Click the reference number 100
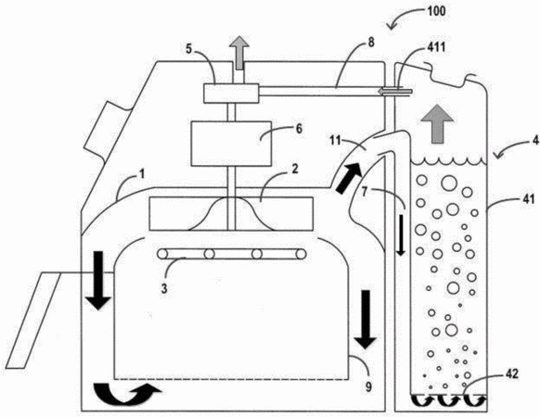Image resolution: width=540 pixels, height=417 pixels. coord(436,11)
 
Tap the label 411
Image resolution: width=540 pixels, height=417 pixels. coord(436,46)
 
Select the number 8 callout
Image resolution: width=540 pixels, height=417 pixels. coord(371,43)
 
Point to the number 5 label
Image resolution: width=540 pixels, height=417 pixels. coord(188,49)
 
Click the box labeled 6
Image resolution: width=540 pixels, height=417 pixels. coord(231,144)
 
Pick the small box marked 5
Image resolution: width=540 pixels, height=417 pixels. coord(231,94)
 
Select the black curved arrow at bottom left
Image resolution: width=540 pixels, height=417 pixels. coord(126,392)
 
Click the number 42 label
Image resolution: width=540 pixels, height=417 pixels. coord(512,374)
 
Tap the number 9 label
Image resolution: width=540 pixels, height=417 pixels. coord(368,387)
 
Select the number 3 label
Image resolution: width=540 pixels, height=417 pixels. coord(164,288)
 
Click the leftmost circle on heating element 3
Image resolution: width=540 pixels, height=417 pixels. coord(161,254)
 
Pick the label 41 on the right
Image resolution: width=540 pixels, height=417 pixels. coord(528,198)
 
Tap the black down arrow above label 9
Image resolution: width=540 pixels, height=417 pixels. coord(366,320)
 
